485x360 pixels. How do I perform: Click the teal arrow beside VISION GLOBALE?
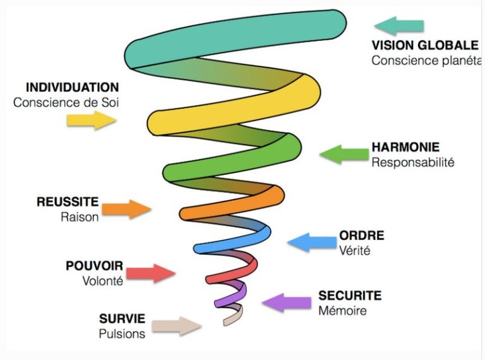398,26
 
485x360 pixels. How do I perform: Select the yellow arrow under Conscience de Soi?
92,119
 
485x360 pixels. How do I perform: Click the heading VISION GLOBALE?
424,45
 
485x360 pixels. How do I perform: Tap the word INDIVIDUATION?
72,87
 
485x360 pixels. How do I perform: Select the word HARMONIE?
405,147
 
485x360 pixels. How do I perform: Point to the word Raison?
80,217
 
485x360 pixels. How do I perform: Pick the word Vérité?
354,250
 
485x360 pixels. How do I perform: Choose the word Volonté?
103,281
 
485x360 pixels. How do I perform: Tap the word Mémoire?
342,310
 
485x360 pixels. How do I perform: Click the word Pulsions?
122,333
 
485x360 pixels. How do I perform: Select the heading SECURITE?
350,296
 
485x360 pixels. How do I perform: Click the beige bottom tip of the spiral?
232,316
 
